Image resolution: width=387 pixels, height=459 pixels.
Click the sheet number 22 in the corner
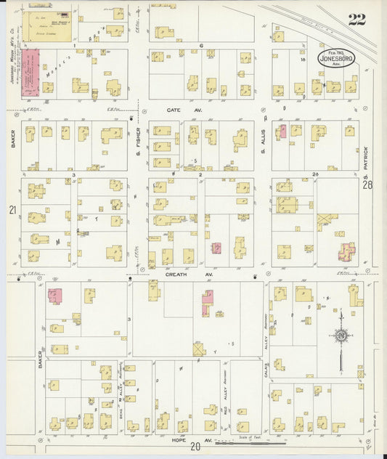[x=357, y=20]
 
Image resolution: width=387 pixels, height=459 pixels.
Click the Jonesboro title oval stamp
[x=336, y=59]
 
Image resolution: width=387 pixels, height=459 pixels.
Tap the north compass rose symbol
[x=340, y=335]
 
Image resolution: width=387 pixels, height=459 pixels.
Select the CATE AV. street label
[x=173, y=110]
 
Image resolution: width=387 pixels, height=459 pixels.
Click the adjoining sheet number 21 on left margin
[x=12, y=210]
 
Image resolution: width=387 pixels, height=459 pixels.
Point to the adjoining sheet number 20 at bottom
[x=195, y=447]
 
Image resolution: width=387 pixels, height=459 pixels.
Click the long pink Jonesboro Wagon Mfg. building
[x=30, y=72]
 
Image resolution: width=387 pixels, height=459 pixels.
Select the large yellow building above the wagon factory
[x=48, y=25]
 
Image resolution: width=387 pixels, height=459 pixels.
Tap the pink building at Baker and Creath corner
[x=55, y=295]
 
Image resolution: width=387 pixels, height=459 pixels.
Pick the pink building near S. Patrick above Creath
[x=346, y=251]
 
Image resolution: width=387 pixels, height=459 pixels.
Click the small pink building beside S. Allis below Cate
[x=283, y=131]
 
